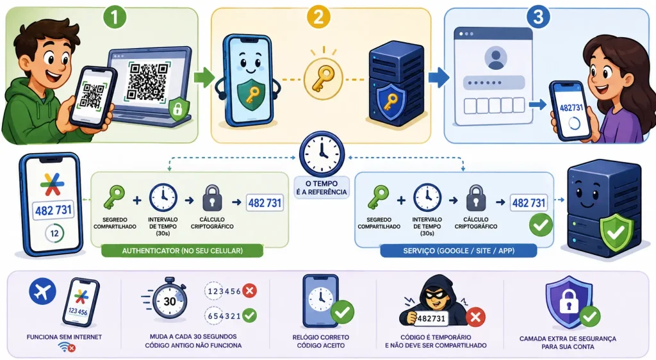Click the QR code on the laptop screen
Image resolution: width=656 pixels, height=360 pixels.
[148, 81]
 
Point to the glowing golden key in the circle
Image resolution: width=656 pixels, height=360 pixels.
[324, 79]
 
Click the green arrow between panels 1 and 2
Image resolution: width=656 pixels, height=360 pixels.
[204, 78]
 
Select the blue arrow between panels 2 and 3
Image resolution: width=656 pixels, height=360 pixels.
[439, 77]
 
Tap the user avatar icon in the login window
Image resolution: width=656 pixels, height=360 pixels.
[496, 58]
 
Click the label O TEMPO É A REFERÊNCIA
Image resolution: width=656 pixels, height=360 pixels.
[322, 188]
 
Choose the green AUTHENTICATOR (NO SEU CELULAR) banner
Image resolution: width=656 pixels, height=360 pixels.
[183, 251]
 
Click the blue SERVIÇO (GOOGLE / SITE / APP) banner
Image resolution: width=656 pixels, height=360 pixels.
[459, 251]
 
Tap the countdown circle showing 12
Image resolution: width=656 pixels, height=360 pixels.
[54, 233]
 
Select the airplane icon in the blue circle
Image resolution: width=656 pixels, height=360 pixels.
[43, 291]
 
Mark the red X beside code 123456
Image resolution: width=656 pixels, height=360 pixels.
[250, 291]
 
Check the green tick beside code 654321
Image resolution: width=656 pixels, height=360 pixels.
[250, 315]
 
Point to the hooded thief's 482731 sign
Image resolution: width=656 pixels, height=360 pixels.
[431, 318]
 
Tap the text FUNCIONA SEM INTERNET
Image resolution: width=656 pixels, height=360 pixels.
[64, 337]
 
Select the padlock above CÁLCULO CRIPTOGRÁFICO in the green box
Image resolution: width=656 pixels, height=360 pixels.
[212, 198]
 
